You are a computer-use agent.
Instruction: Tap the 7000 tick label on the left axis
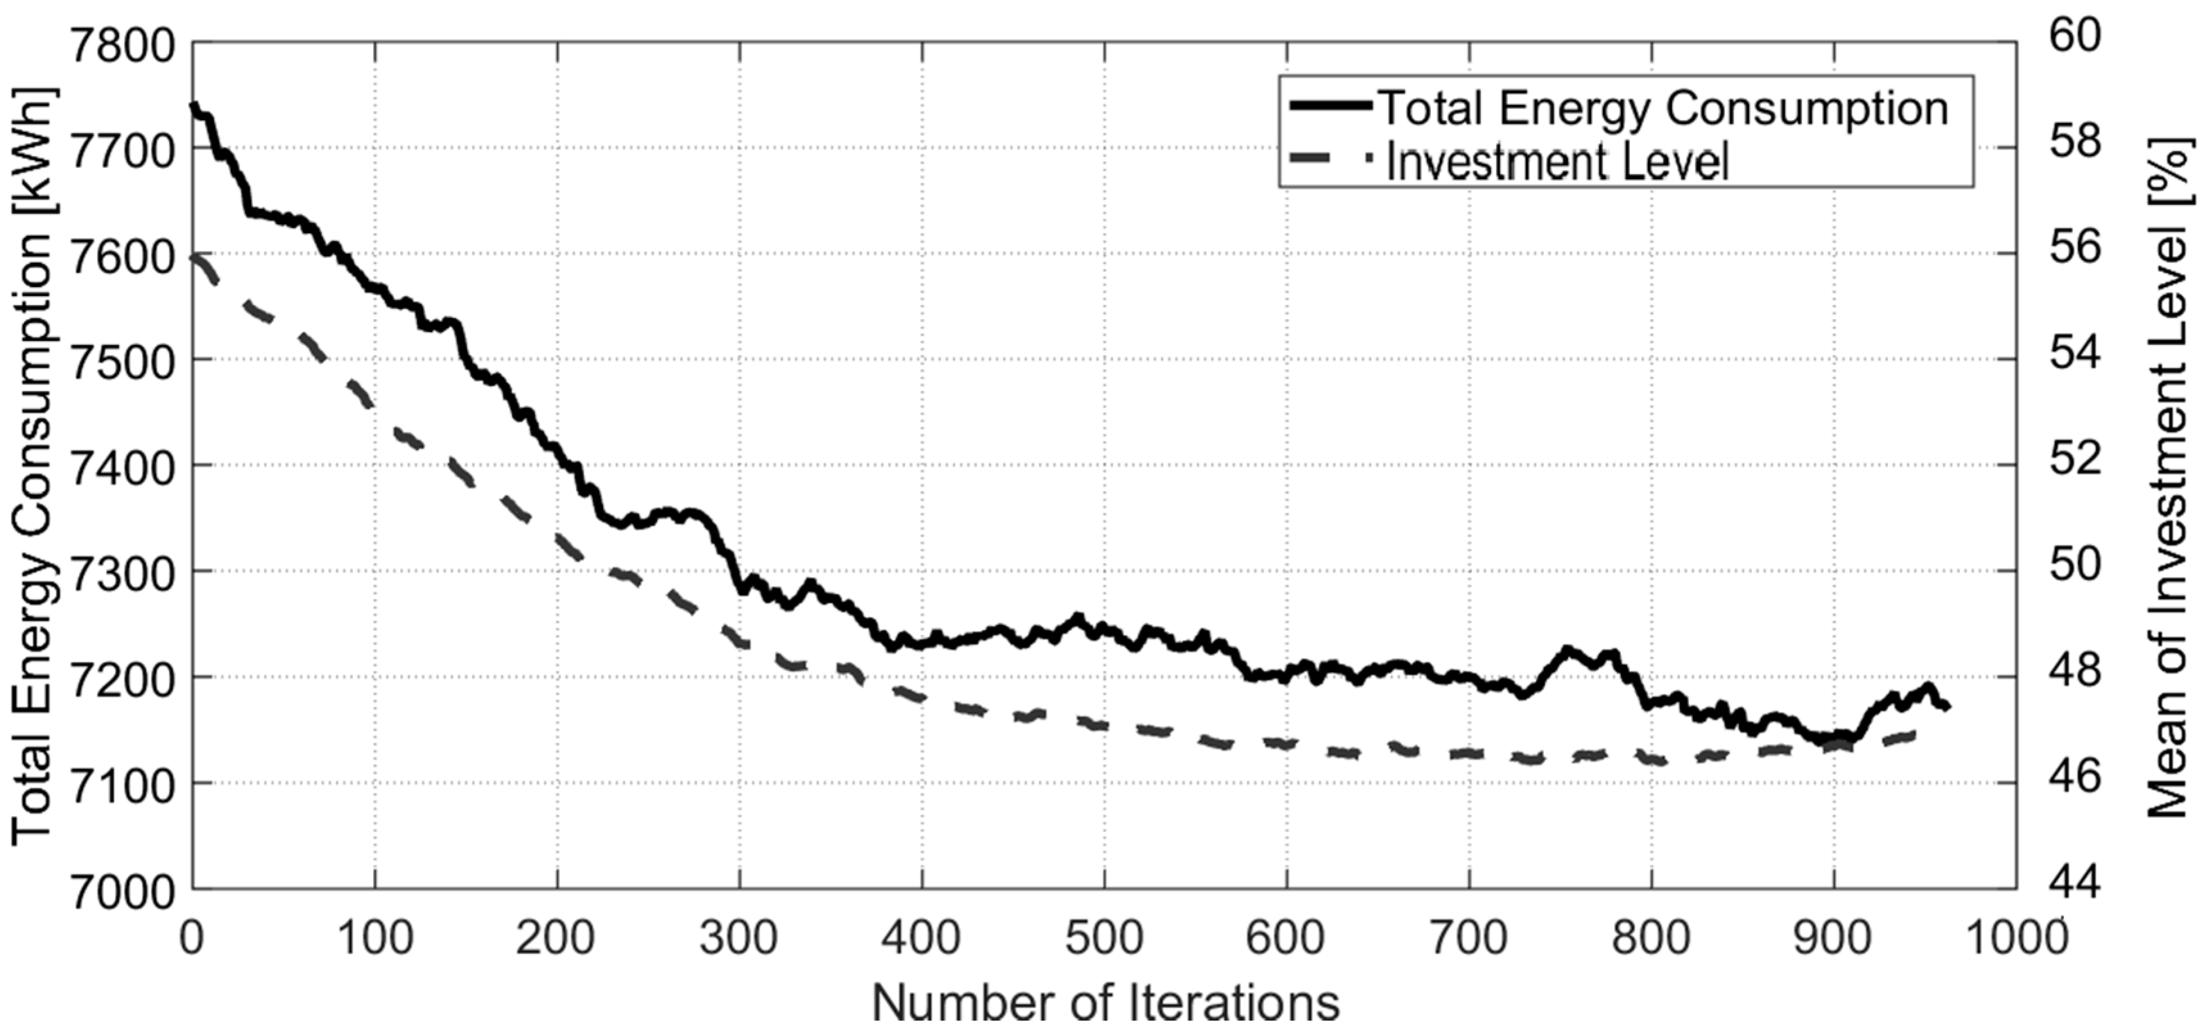[123, 890]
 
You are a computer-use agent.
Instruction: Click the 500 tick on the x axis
[1104, 939]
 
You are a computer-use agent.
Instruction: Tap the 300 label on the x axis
[739, 939]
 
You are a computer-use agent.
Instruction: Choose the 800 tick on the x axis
[1651, 939]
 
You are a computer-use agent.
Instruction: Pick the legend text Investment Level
[1557, 161]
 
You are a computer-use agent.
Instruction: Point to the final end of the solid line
[1947, 706]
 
